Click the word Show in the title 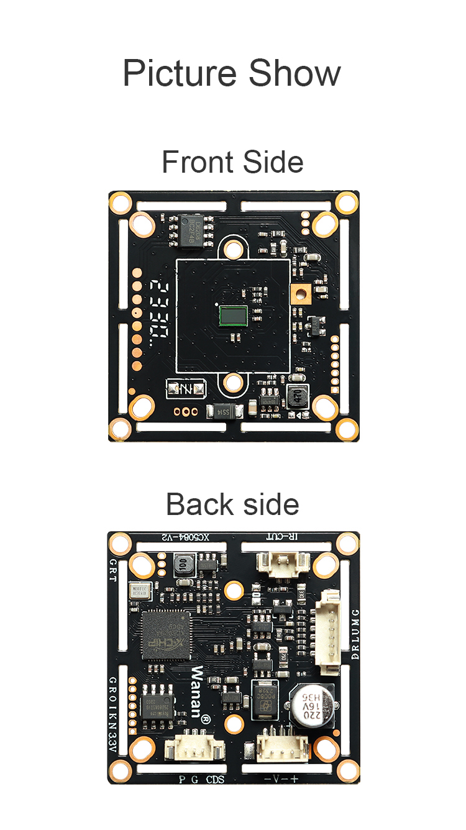pos(295,73)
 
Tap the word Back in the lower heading pos(196,504)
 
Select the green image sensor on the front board pos(234,316)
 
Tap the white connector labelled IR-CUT pos(283,566)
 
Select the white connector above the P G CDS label pos(194,748)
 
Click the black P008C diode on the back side pos(264,698)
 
